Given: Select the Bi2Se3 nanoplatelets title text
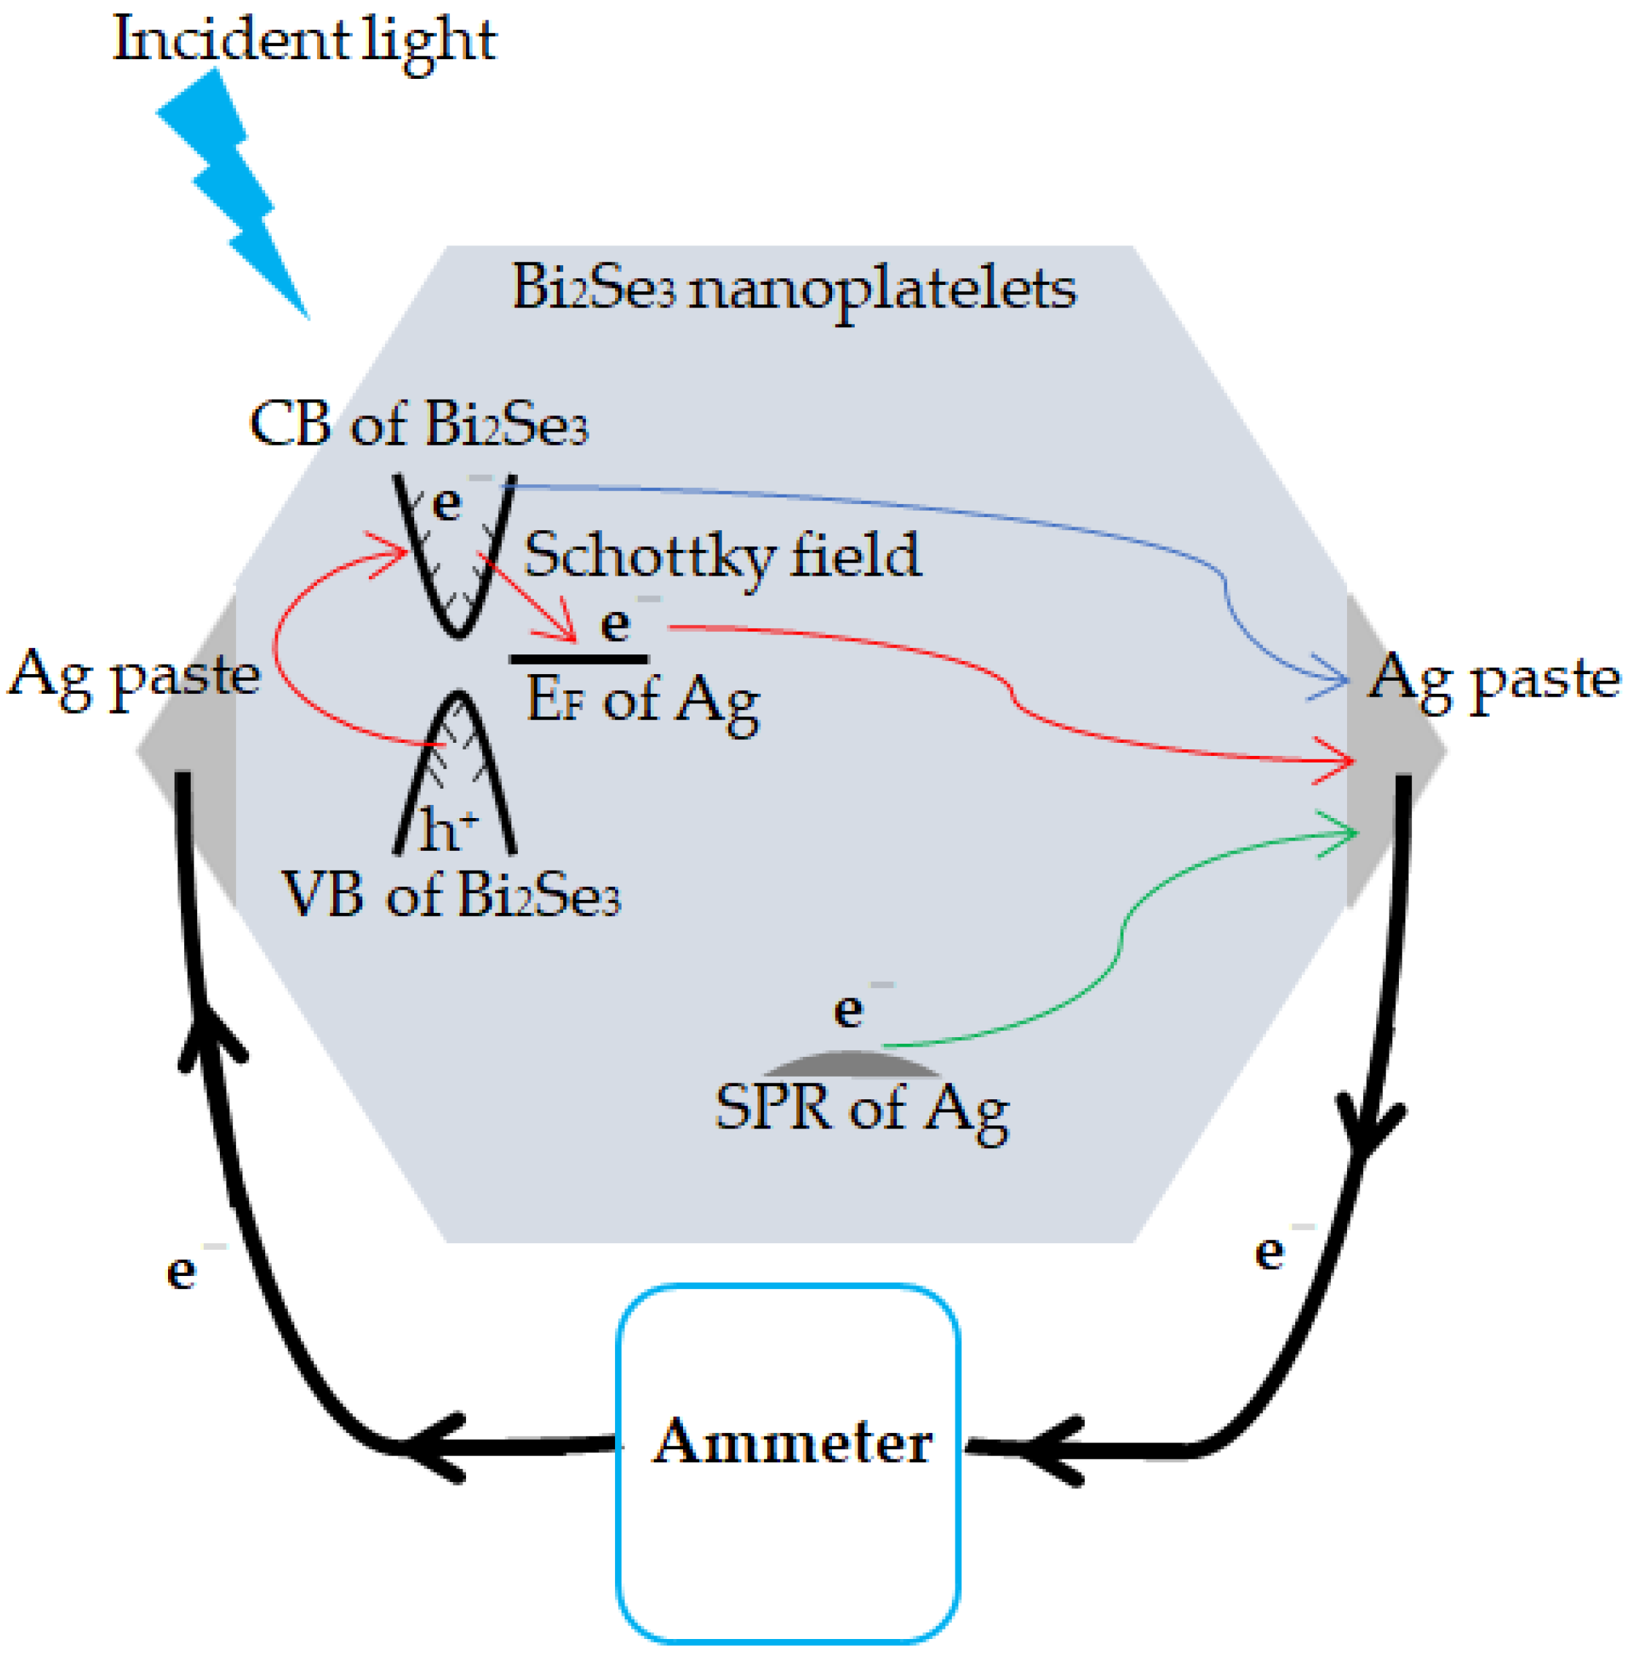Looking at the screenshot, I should [x=793, y=289].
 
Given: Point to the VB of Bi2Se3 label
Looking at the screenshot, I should [x=451, y=897].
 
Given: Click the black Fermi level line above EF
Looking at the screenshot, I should [x=579, y=659].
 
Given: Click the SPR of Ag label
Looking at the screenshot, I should [x=861, y=1109].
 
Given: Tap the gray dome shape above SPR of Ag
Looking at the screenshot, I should [x=851, y=1063].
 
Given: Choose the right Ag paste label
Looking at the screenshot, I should [x=1493, y=679].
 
